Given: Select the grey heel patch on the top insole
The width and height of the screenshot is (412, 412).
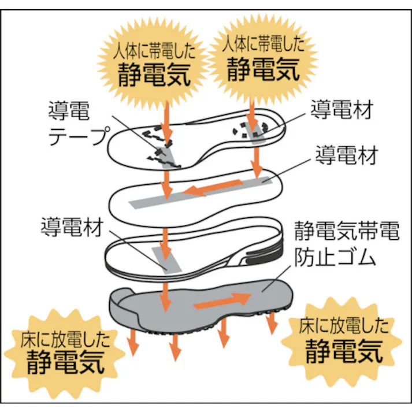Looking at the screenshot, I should click(x=253, y=132).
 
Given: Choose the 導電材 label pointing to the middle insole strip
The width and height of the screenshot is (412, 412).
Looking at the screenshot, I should click(x=347, y=155).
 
